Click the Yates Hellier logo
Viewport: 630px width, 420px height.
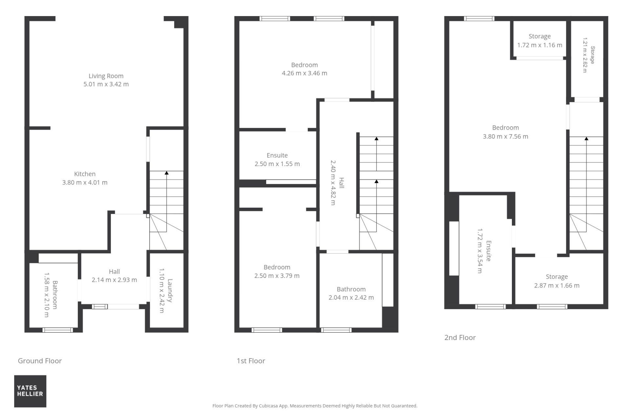pyautogui.click(x=30, y=391)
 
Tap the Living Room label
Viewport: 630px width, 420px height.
pyautogui.click(x=106, y=76)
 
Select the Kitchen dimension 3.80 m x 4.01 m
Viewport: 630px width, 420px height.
pyautogui.click(x=85, y=182)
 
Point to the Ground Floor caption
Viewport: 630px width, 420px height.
pyautogui.click(x=40, y=361)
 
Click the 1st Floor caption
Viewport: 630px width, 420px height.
pyautogui.click(x=251, y=361)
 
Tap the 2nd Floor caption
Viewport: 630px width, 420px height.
pyautogui.click(x=460, y=338)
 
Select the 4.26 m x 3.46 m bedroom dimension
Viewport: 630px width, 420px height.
pyautogui.click(x=304, y=73)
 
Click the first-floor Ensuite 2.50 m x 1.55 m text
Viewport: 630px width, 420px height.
pyautogui.click(x=277, y=160)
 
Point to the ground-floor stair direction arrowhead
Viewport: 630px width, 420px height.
pyautogui.click(x=167, y=173)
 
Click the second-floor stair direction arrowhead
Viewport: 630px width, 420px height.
pyautogui.click(x=586, y=139)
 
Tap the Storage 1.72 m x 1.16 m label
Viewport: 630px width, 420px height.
pyautogui.click(x=540, y=41)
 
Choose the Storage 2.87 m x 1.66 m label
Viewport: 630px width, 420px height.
pyautogui.click(x=557, y=281)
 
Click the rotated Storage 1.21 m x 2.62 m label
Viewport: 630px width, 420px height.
pyautogui.click(x=589, y=55)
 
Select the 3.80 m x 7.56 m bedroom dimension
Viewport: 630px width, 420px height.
pyautogui.click(x=506, y=136)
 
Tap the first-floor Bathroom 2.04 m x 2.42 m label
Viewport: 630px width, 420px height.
pyautogui.click(x=351, y=293)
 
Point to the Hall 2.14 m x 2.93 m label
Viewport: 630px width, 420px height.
pyautogui.click(x=115, y=276)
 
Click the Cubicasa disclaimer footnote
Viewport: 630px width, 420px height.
pyautogui.click(x=315, y=406)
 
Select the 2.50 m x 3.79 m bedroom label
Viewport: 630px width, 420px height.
pyautogui.click(x=277, y=272)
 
